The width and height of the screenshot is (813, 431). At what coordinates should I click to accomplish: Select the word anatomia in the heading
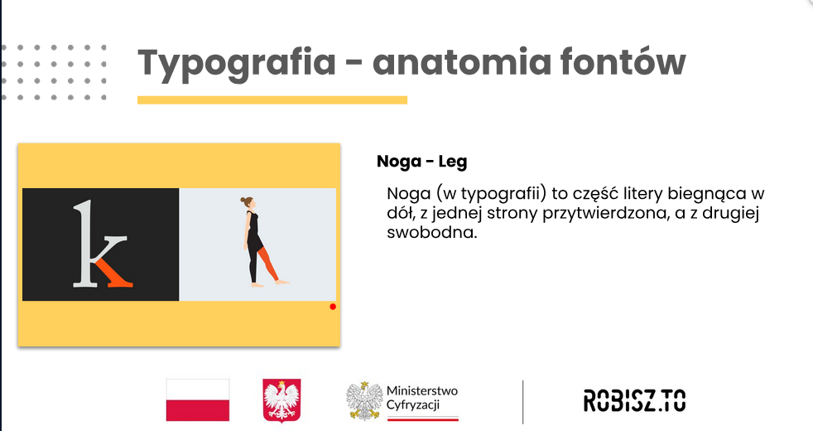461,62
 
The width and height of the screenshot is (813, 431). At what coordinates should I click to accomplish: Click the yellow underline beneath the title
272,99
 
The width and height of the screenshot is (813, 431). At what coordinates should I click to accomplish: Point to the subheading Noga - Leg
421,162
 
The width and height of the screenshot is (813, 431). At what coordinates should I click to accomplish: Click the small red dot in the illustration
333,307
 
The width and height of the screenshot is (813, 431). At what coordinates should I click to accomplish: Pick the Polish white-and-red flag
198,400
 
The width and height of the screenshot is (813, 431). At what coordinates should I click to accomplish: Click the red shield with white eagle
281,400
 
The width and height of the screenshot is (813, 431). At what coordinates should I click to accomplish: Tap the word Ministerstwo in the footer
422,390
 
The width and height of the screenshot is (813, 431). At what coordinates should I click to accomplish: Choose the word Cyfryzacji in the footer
413,404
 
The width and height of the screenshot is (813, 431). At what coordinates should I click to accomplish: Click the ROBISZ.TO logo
634,401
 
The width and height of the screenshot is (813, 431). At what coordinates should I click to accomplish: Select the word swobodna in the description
431,231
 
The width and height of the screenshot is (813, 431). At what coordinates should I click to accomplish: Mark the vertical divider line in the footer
522,401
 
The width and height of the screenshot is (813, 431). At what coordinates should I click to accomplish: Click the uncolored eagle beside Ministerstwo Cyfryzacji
364,400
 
